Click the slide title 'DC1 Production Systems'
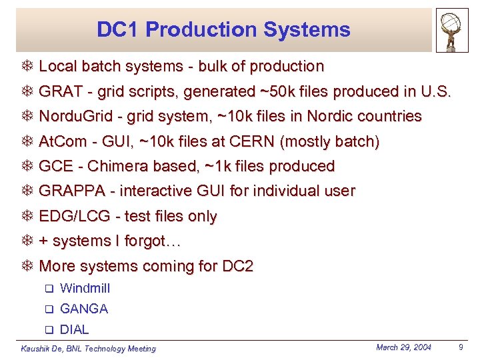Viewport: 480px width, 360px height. pos(223,29)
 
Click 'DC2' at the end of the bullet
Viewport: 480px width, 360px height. pos(238,267)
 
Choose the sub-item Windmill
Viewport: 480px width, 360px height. pos(85,289)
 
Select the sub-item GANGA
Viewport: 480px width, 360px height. pos(84,309)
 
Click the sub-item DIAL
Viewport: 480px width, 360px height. pos(74,330)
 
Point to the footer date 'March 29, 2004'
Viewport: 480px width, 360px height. pos(403,347)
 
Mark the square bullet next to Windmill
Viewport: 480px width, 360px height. pos(48,289)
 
